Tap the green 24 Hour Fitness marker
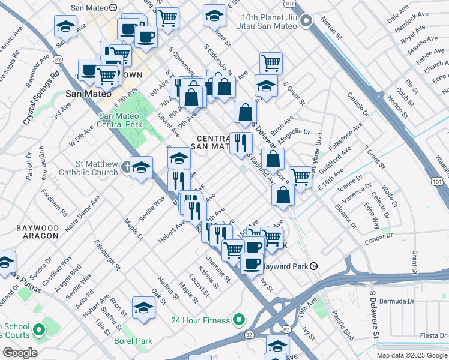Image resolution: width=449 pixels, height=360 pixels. (239, 319)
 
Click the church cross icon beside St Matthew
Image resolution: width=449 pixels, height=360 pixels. (125, 167)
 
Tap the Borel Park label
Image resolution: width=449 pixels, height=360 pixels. (133, 341)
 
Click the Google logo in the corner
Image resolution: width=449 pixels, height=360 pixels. (20, 353)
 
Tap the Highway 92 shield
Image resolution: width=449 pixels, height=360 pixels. (248, 334)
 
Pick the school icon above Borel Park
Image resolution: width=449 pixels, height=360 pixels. (144, 308)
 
